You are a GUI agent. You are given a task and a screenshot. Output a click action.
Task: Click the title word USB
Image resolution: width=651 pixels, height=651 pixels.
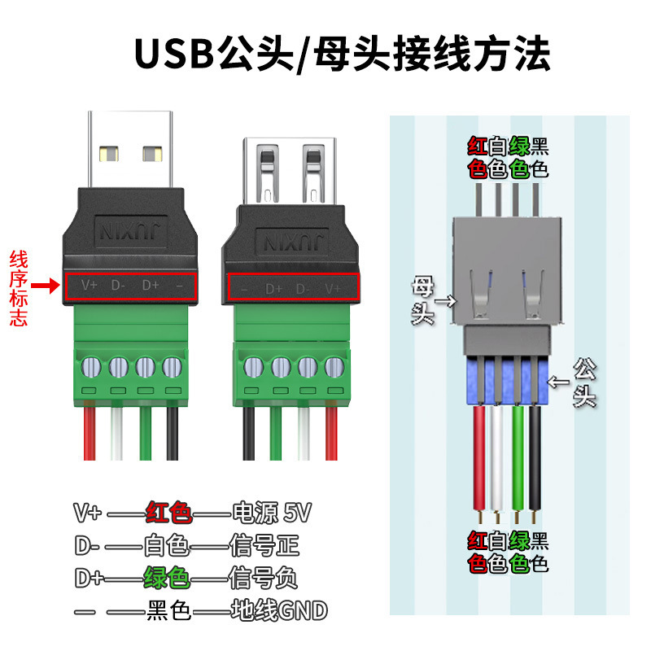pyautogui.click(x=173, y=54)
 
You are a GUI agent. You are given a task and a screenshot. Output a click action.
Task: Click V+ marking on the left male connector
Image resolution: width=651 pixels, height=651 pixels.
pyautogui.click(x=89, y=286)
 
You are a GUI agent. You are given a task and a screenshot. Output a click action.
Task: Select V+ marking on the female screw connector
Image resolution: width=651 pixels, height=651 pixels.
pyautogui.click(x=333, y=288)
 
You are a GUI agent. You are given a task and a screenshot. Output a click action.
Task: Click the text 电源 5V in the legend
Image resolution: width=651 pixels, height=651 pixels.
pyautogui.click(x=272, y=513)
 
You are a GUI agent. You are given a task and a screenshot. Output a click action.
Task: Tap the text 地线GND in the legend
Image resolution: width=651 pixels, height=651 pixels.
pyautogui.click(x=278, y=609)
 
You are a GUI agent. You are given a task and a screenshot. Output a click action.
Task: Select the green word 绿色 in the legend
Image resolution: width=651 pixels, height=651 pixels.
pyautogui.click(x=167, y=578)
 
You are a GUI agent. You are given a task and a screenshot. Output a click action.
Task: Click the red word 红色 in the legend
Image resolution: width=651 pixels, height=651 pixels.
pyautogui.click(x=168, y=513)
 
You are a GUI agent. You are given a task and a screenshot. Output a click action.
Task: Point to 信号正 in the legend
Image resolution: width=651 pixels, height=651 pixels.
pyautogui.click(x=264, y=545)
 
